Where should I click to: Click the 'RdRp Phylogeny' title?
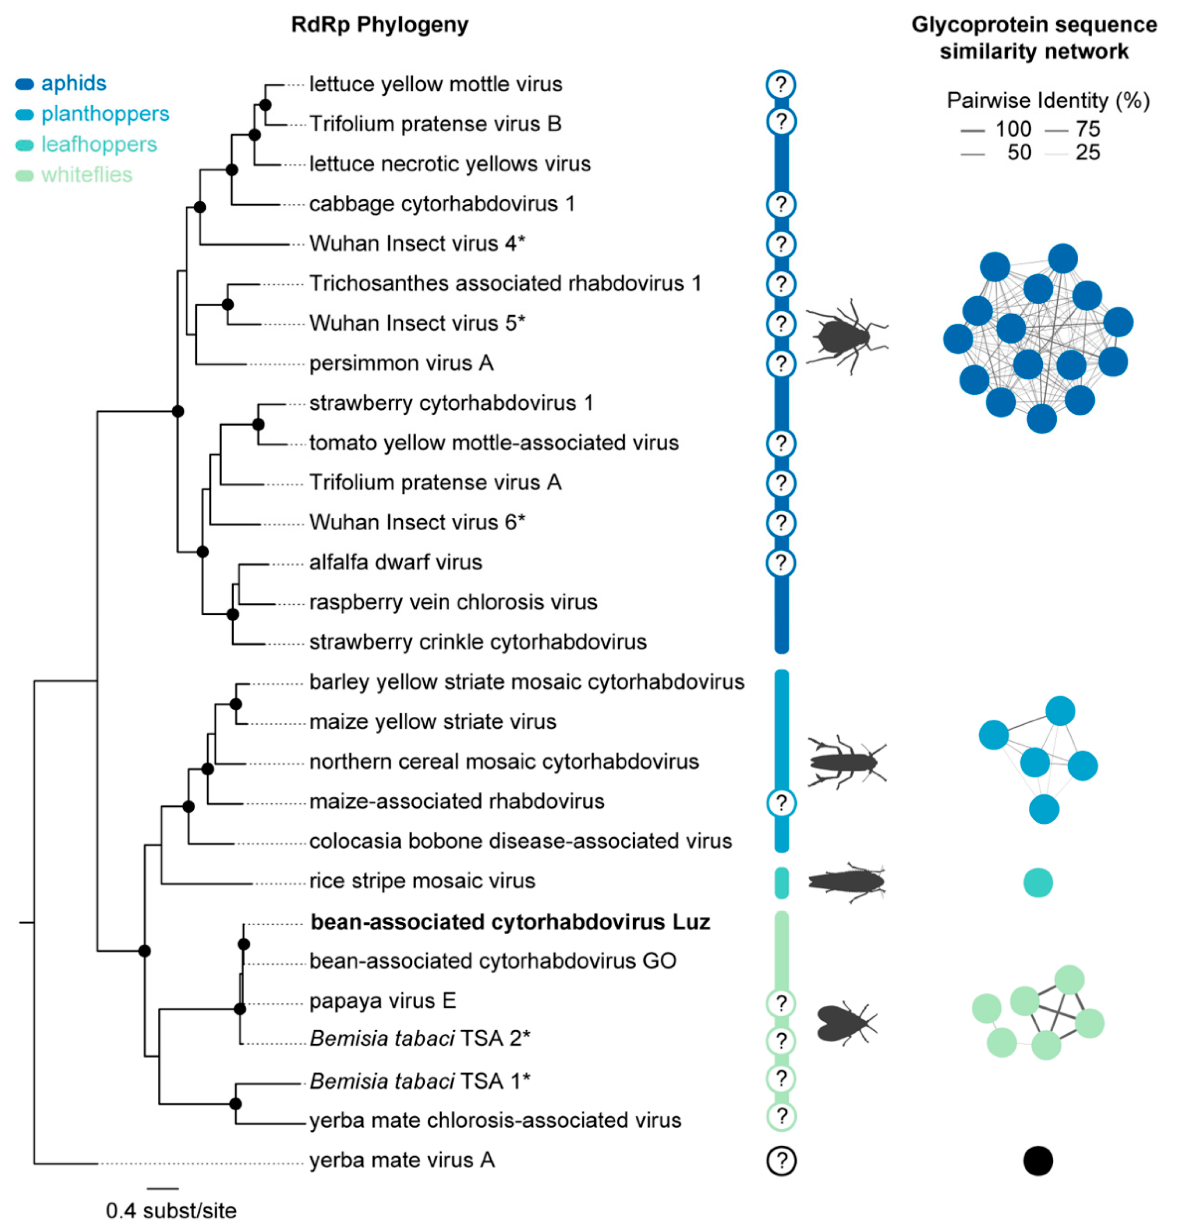[380, 25]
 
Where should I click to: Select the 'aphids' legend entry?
[73, 83]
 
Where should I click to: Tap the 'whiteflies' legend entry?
[87, 175]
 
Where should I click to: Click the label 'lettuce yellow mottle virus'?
[435, 84]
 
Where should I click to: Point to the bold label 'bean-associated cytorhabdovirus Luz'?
[510, 922]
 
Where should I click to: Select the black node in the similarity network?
[1038, 1160]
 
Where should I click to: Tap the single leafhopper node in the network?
[1038, 882]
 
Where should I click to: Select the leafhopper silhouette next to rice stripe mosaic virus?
[846, 882]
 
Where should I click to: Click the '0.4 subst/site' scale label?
[171, 1211]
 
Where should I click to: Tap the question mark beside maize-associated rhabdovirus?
[781, 803]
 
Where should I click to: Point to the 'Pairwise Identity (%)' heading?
[1048, 101]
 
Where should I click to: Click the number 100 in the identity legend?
[1013, 129]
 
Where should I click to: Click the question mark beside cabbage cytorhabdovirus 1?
[781, 204]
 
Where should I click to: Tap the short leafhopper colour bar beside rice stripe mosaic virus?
[781, 882]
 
